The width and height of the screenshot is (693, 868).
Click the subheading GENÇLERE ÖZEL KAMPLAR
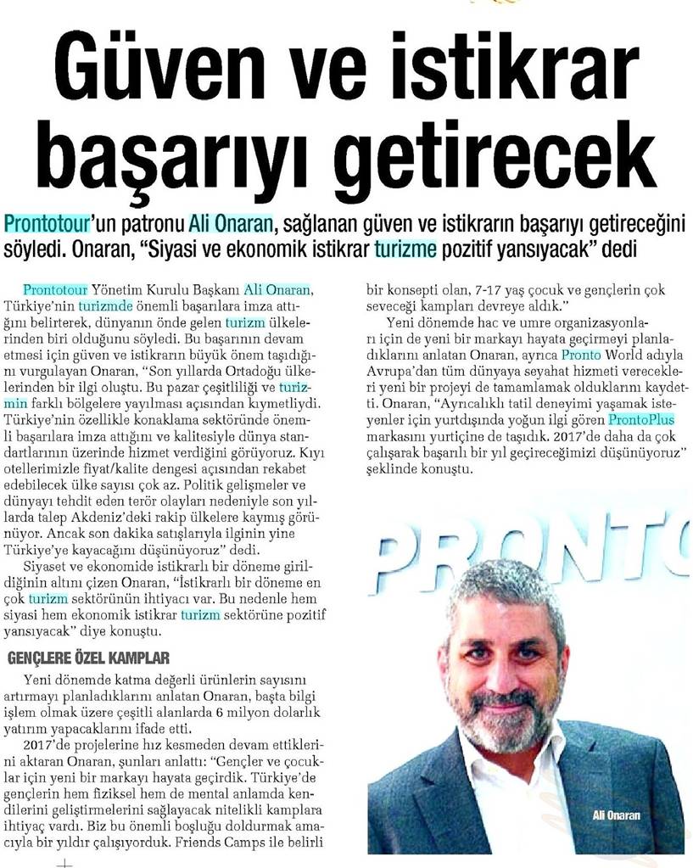tap(89, 658)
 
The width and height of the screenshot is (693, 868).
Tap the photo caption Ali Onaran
tap(618, 815)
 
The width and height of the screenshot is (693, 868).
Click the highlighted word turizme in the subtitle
tap(406, 250)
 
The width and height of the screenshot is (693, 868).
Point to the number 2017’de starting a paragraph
tap(43, 745)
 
